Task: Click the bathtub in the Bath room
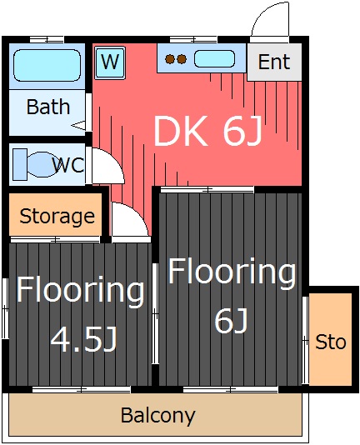tap(47, 65)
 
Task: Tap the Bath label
tap(48, 107)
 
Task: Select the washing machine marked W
tap(110, 62)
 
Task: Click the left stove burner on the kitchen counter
tap(169, 59)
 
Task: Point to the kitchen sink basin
tap(214, 59)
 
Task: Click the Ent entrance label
tap(274, 62)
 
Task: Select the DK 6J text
tap(207, 132)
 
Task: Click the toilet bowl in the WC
tap(41, 165)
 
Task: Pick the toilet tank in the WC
tap(20, 165)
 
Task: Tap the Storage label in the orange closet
tap(57, 217)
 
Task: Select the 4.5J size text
tap(84, 339)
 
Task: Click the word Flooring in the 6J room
tap(232, 272)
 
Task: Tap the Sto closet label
tap(331, 342)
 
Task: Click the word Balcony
tap(158, 416)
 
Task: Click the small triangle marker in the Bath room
tap(78, 125)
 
